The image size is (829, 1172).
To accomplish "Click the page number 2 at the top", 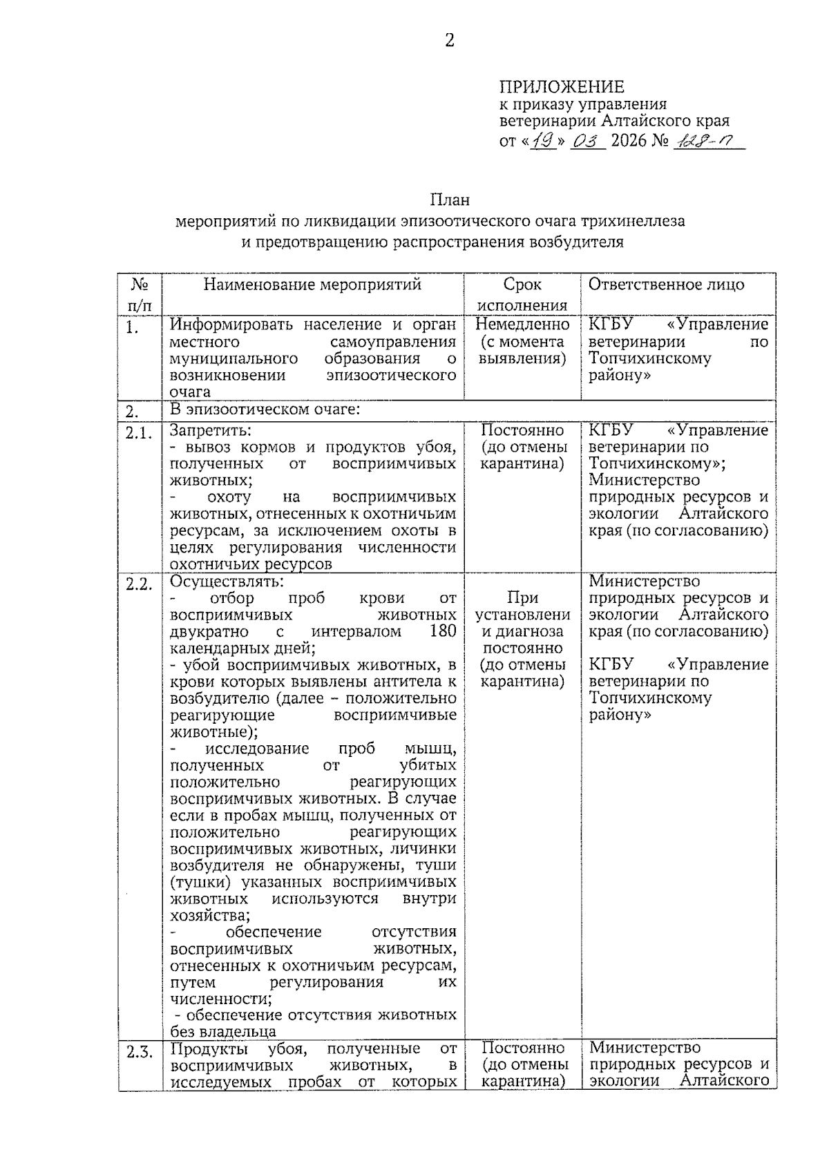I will tap(450, 41).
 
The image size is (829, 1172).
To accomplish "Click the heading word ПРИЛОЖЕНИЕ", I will tap(561, 87).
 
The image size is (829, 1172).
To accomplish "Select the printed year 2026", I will tap(628, 141).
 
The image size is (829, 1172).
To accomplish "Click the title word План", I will tap(450, 200).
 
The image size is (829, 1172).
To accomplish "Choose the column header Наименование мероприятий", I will tap(312, 285).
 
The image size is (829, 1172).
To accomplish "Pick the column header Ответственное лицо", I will tap(666, 285).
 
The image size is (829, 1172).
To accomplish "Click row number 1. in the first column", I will tap(132, 327).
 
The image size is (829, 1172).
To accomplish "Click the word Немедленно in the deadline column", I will tap(522, 325).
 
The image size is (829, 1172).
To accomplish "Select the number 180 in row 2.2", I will tap(442, 631).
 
